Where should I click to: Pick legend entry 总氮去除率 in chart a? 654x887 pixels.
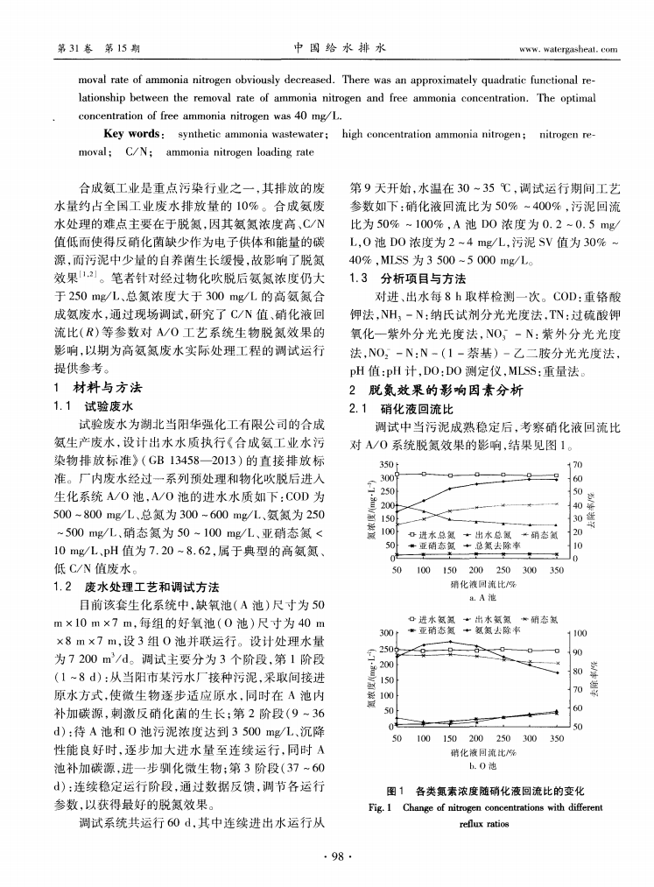coord(496,544)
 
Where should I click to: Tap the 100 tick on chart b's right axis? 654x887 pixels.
coord(580,632)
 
